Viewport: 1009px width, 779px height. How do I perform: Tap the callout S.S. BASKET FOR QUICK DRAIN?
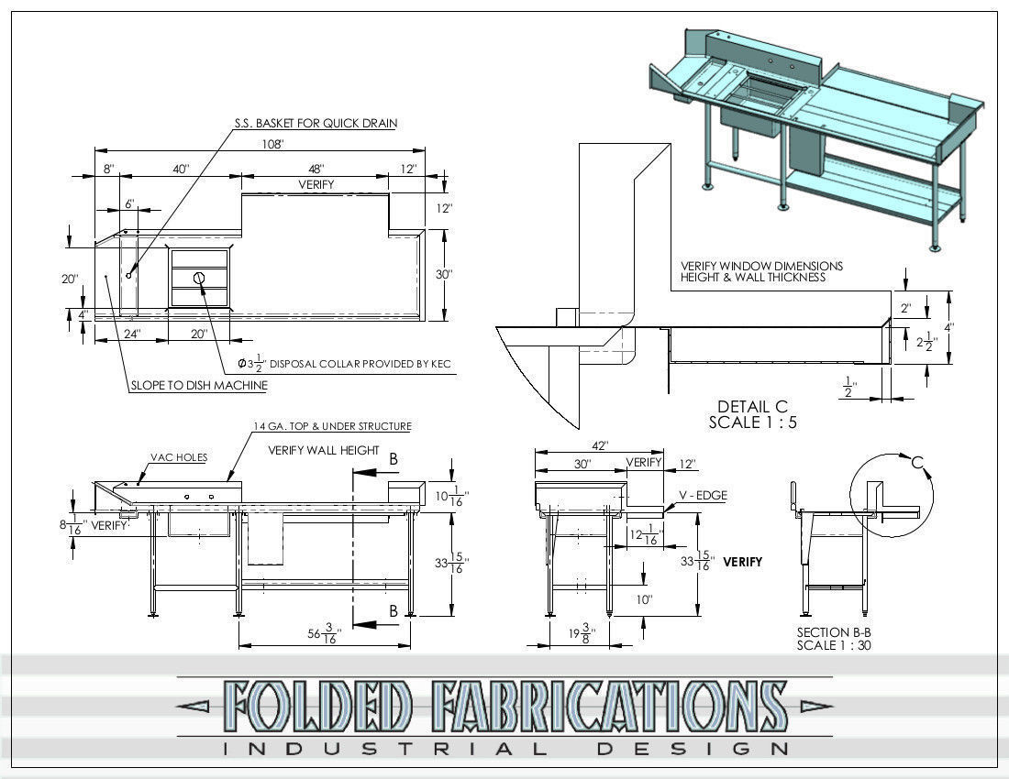(x=314, y=123)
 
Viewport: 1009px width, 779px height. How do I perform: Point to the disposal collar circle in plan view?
(x=199, y=278)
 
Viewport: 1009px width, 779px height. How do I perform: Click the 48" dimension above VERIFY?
(x=316, y=169)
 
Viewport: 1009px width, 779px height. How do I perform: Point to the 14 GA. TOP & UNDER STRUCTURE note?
(x=332, y=426)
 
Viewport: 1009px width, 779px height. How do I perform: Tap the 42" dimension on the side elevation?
(x=599, y=446)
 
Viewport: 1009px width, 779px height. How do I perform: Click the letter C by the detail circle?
(x=915, y=464)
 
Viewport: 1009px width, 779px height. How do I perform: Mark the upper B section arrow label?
(x=394, y=460)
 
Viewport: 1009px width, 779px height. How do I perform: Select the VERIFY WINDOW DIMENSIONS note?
(x=761, y=271)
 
